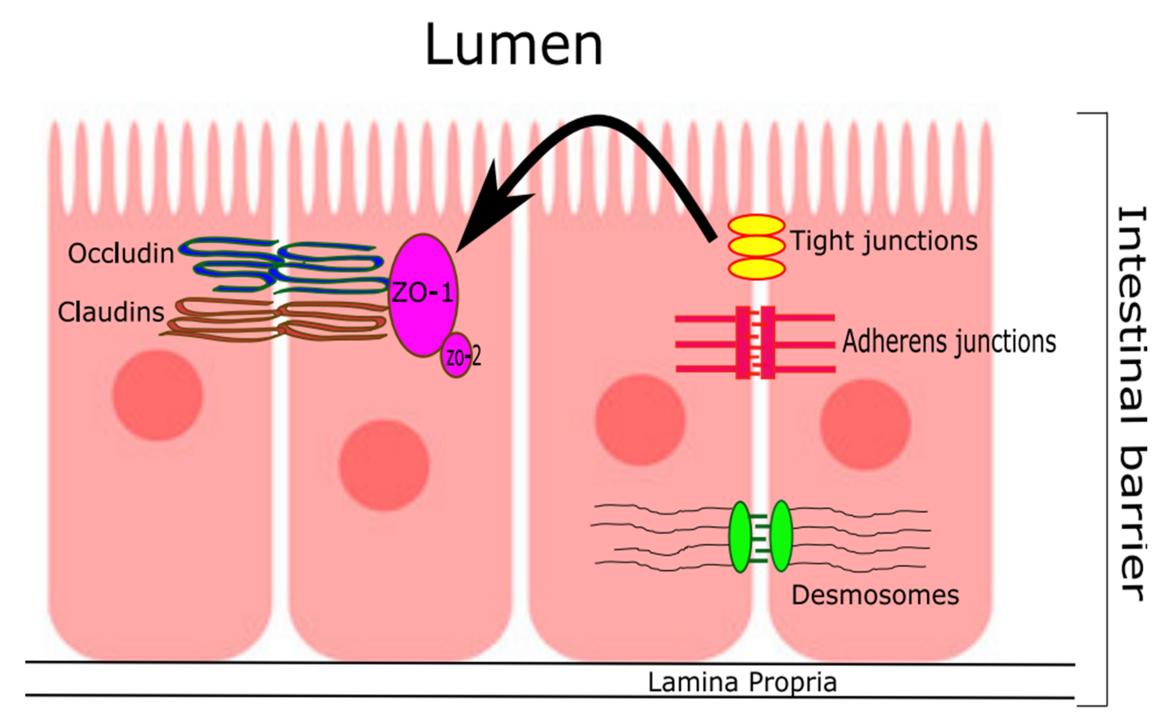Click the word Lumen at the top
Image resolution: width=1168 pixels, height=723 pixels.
tap(514, 45)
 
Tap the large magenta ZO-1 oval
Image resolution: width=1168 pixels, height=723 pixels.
tap(423, 294)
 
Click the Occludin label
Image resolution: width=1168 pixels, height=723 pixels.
tap(120, 254)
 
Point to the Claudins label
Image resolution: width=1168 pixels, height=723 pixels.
tap(111, 312)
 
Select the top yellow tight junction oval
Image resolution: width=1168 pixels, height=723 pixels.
tap(756, 225)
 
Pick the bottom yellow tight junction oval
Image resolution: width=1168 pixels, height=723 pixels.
tap(756, 269)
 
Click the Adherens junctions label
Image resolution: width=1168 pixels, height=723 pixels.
tap(949, 342)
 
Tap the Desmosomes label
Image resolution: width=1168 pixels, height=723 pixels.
tap(875, 595)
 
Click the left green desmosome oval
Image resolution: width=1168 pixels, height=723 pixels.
tap(740, 536)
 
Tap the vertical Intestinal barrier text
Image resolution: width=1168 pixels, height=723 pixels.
tap(1132, 404)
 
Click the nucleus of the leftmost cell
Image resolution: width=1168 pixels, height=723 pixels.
tap(158, 395)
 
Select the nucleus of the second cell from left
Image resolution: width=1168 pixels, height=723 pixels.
tap(384, 465)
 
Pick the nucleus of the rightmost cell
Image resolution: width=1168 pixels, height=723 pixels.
tap(866, 424)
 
